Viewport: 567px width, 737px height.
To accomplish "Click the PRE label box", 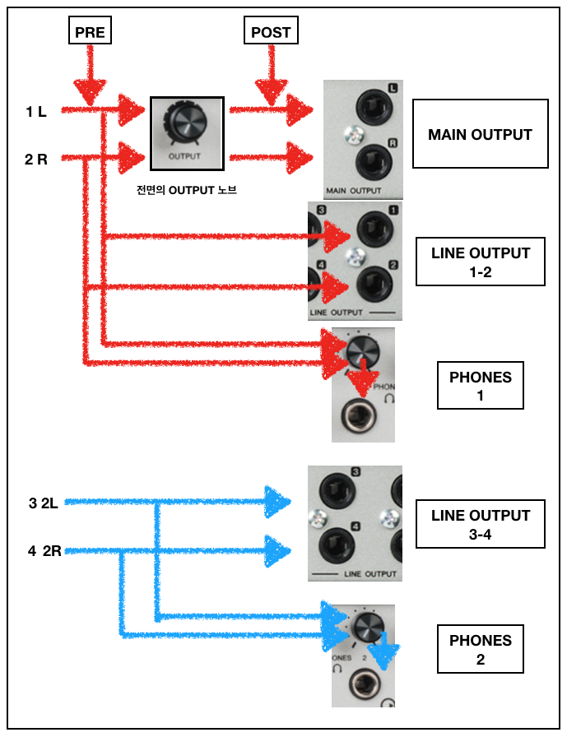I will point(89,32).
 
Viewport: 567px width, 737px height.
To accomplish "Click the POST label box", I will point(272,32).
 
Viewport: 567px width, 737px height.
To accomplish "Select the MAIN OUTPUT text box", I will point(480,134).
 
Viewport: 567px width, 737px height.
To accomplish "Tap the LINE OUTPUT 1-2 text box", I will point(480,262).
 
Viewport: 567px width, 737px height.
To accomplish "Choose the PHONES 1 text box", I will point(481,386).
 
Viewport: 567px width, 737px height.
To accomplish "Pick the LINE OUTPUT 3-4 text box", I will point(480,524).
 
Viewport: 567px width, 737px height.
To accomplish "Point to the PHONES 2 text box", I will point(481,649).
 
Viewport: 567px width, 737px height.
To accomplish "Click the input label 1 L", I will point(36,111).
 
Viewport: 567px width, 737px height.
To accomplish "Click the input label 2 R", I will point(36,159).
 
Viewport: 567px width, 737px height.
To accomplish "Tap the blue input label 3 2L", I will point(44,503).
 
